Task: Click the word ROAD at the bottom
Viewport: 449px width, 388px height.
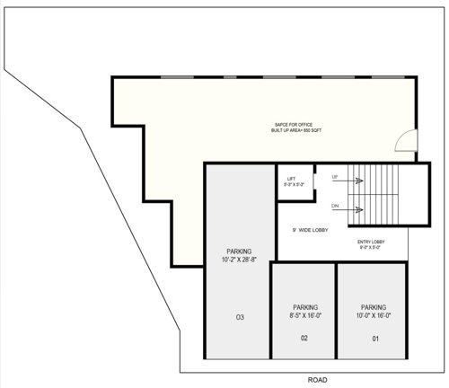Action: [x=318, y=380]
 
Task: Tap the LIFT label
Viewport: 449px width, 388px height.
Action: [x=291, y=179]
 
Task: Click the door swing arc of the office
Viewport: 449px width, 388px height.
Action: [x=406, y=140]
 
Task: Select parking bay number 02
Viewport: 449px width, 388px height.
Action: [x=304, y=338]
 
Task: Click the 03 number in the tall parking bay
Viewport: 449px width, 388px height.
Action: [x=240, y=317]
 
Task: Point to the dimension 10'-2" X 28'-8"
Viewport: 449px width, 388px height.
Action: [x=240, y=260]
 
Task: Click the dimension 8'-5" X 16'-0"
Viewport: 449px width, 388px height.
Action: [x=304, y=315]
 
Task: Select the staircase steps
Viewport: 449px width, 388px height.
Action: [x=389, y=195]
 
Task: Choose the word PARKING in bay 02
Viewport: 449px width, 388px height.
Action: [x=304, y=306]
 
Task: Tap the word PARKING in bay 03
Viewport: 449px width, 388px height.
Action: [x=240, y=251]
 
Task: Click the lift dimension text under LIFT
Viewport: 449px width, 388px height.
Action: [x=295, y=185]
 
